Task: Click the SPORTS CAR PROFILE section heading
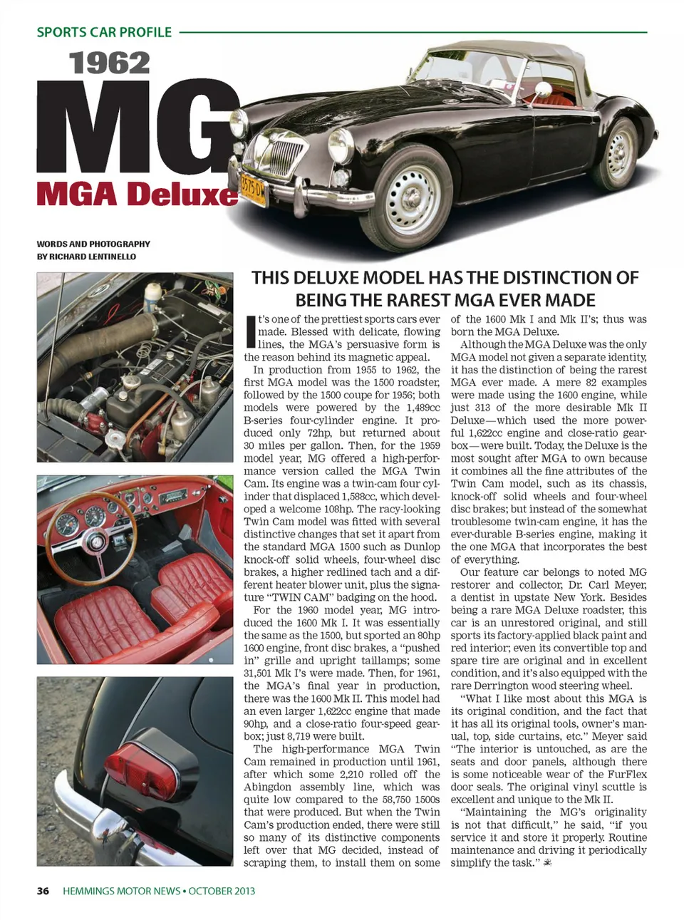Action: coord(104,32)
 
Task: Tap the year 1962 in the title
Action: coord(110,63)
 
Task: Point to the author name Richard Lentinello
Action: coord(93,257)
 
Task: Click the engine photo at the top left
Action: coord(135,367)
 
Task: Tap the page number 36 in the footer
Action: coord(43,891)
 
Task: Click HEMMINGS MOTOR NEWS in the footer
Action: coord(121,891)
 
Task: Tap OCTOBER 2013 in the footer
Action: coord(222,891)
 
